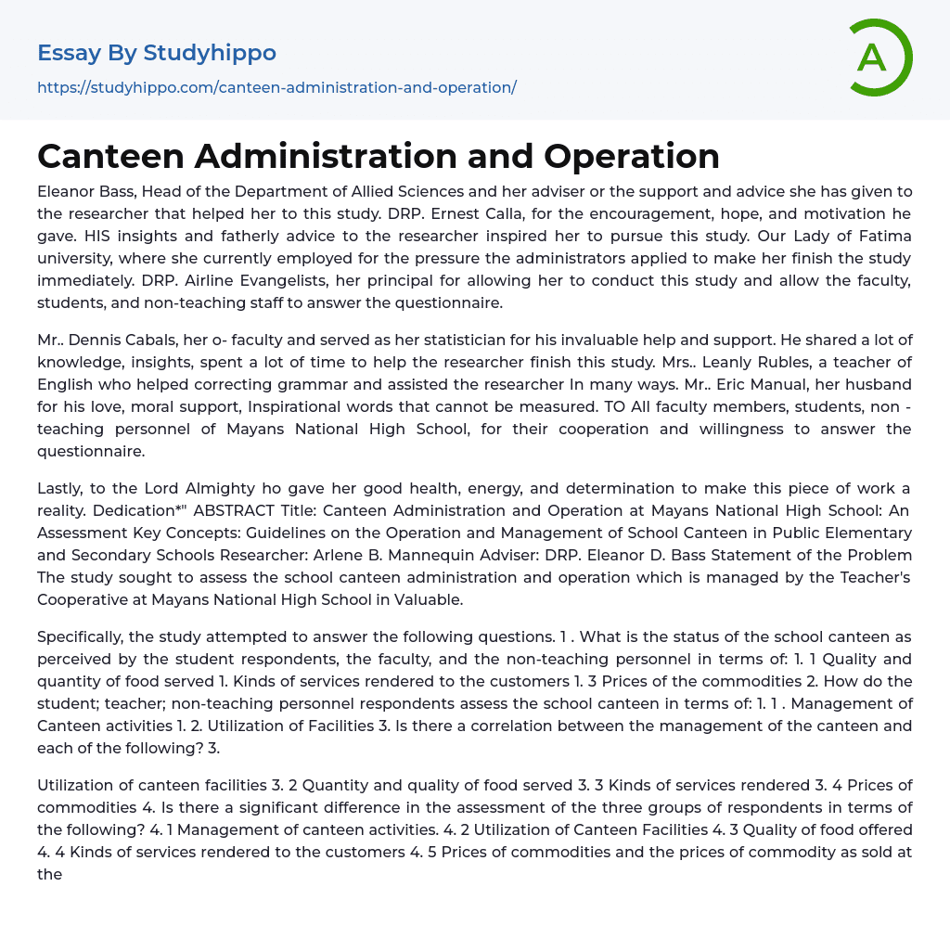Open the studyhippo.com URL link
[x=276, y=87]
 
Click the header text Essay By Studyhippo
[x=157, y=53]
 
